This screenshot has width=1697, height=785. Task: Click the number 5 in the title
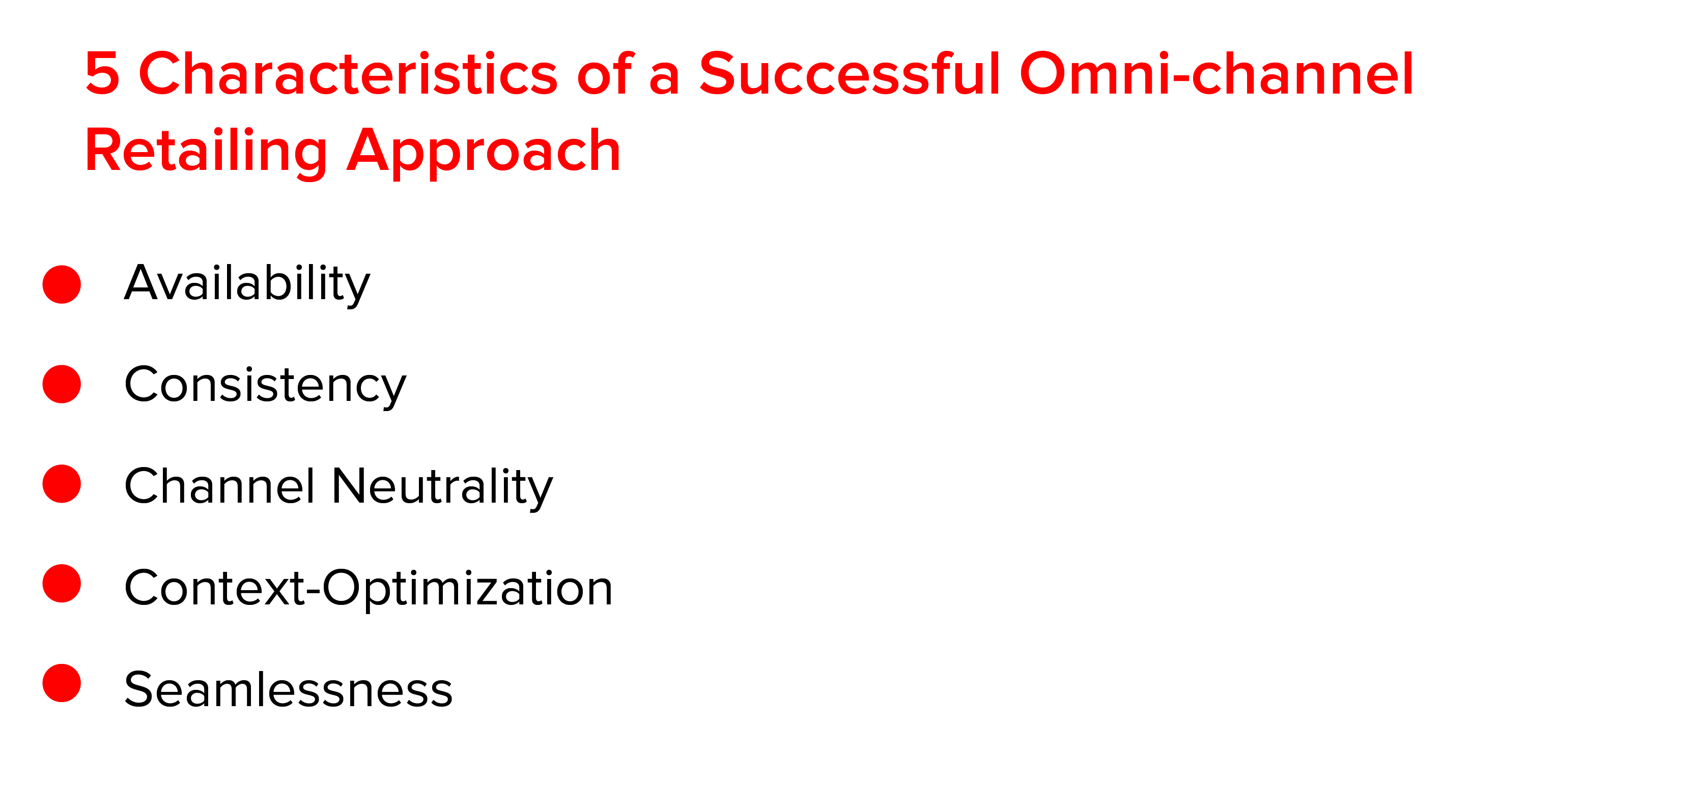103,73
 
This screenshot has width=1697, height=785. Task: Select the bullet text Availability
247,284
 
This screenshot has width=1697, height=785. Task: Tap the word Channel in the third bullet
220,486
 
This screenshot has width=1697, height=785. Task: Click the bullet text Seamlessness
289,689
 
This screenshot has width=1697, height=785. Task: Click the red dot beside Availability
62,284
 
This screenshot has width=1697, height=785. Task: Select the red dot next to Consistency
62,384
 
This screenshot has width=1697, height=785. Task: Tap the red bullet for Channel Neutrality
62,484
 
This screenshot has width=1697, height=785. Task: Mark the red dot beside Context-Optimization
62,584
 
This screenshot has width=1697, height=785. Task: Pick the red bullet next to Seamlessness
62,683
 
